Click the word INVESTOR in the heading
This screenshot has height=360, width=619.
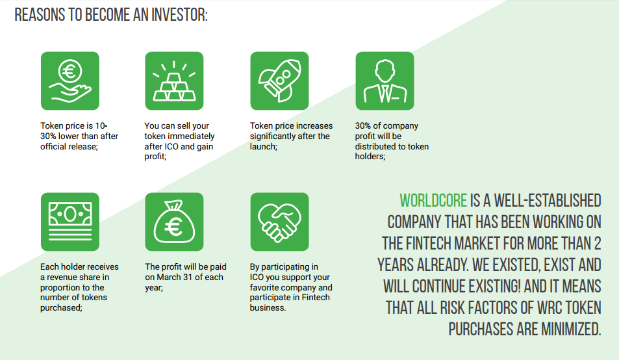(180, 15)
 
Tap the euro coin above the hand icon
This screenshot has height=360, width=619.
(70, 71)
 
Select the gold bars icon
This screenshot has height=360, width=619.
(174, 81)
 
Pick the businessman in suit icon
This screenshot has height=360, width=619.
(385, 81)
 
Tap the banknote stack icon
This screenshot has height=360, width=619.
(70, 222)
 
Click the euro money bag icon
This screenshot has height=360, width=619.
(174, 222)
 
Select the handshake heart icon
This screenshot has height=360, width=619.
(279, 222)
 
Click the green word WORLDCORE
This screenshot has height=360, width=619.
(433, 201)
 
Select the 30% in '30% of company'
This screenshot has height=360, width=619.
(363, 125)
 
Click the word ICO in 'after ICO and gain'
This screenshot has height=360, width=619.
(171, 146)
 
